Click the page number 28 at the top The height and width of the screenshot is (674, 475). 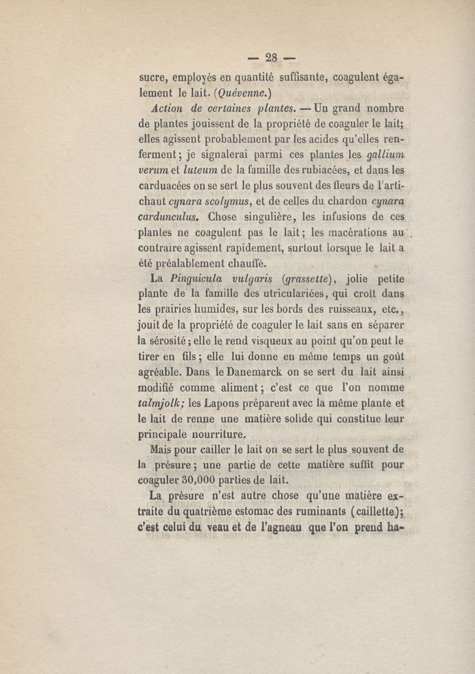point(272,58)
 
